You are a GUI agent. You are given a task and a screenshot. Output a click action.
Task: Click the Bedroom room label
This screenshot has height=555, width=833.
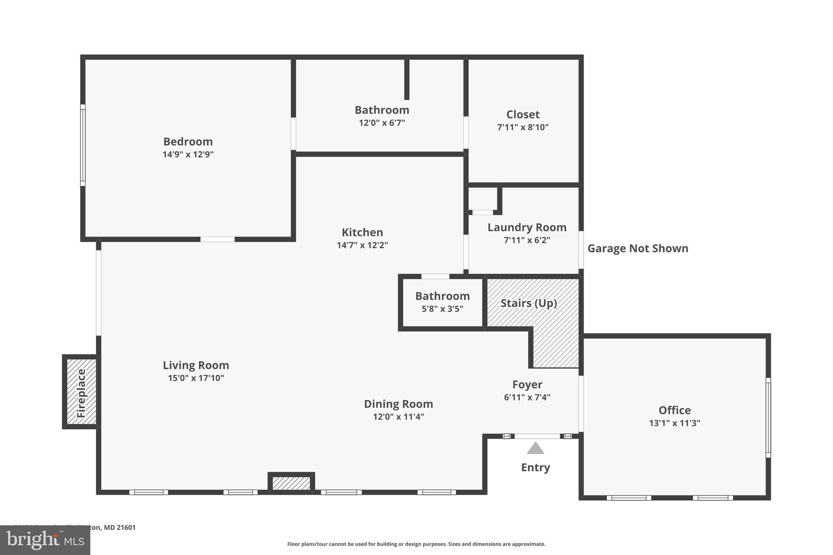pos(188,141)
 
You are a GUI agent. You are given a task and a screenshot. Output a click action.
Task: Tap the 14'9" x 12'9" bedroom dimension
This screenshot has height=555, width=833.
pos(188,155)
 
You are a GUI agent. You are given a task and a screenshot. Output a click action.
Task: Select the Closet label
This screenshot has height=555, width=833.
pos(523,114)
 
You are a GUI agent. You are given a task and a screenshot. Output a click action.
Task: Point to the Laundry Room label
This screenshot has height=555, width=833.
pos(527,227)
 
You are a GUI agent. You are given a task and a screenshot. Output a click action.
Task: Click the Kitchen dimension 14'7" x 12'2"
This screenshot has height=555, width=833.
pos(362,245)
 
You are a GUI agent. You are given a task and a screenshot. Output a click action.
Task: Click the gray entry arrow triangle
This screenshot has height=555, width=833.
pos(535,448)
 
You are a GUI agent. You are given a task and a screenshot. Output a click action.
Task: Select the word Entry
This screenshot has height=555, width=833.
pos(535,468)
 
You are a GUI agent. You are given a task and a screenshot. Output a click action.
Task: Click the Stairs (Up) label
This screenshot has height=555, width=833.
pos(528,303)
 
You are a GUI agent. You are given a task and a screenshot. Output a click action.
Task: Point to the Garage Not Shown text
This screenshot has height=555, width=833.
pos(637,248)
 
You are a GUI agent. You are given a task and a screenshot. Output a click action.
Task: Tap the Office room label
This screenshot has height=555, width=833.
pos(674,410)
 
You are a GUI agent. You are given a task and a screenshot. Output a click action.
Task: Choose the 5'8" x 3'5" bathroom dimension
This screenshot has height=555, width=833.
pos(442,309)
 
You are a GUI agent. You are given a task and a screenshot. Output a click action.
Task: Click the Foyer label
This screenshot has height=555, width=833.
pos(527,384)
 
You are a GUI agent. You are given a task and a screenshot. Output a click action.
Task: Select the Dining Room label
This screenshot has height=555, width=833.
pos(398,404)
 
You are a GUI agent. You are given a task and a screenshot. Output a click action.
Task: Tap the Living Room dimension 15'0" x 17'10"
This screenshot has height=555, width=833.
pos(196,378)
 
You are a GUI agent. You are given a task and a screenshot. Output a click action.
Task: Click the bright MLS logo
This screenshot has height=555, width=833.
pos(45,540)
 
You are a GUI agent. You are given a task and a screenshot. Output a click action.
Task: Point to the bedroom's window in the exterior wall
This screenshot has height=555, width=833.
pos(83,145)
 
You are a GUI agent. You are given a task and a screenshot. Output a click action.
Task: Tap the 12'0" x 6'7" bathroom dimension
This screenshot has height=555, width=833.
pos(382,123)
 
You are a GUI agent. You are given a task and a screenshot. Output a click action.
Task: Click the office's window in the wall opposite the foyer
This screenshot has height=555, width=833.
pos(768,418)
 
